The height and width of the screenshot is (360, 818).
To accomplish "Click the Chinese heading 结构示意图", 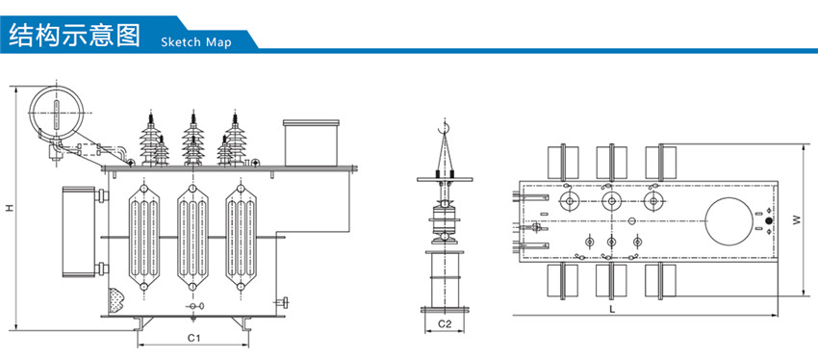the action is pos(75,35).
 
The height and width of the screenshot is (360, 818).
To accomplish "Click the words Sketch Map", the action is pos(195,42).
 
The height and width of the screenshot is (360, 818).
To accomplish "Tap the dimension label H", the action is pos(10,208).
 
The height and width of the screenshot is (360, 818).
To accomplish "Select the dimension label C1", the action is pos(194,338).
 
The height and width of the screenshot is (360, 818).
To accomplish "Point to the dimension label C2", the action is pos(445,324).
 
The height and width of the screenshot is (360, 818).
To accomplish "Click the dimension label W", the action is pos(796,220).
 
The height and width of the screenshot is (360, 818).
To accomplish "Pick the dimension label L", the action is pos(612,308).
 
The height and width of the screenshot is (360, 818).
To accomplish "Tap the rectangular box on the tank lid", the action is pos(311,143).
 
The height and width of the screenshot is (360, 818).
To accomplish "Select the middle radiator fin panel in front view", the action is pos(192,238).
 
